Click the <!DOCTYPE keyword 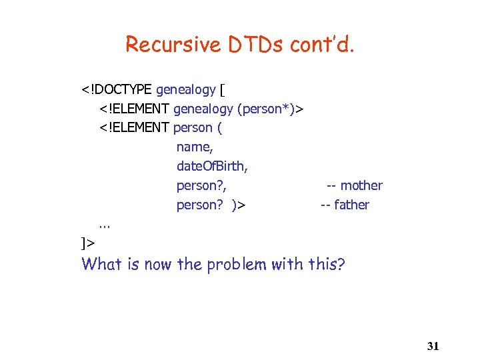(117, 89)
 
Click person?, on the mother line (201, 185)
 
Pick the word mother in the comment (361, 185)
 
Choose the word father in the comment (351, 205)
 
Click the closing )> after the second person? (239, 205)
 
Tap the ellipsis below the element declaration (104, 225)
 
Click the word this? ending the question (327, 264)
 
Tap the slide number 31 (433, 345)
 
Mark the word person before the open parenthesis (193, 128)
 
